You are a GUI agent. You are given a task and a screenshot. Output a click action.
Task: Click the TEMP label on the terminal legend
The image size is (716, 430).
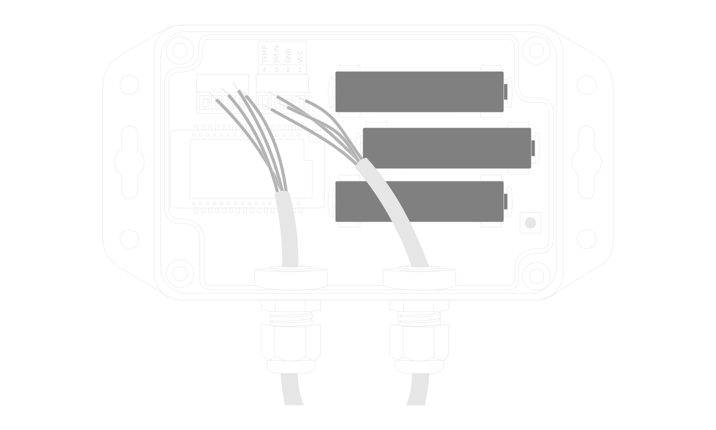pos(264,54)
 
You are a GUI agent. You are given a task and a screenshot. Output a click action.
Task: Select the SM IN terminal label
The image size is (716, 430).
pos(276,54)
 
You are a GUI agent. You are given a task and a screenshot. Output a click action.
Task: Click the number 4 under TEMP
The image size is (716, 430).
pos(264,69)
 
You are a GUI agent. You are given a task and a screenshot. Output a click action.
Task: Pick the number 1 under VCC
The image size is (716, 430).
pos(300,69)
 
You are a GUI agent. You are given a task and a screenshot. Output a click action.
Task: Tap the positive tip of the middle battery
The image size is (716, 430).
pos(534,148)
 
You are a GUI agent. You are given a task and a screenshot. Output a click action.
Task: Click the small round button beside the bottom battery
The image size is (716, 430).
pos(530,223)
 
